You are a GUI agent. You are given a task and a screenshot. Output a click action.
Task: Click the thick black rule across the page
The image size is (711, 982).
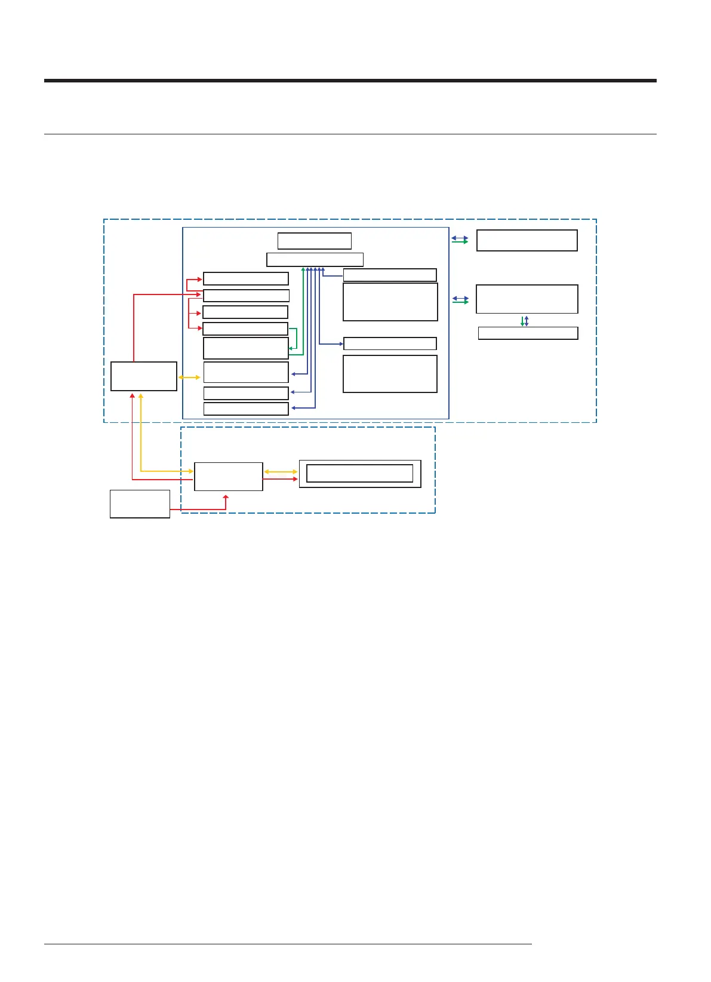click(350, 81)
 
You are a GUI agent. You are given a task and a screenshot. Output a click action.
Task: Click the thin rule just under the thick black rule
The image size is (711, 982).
click(350, 134)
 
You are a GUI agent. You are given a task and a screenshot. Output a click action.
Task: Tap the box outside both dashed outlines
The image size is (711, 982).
click(140, 504)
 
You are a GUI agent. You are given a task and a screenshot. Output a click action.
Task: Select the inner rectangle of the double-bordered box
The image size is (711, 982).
click(359, 473)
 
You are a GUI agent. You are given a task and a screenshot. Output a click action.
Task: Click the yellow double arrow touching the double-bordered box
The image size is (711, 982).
click(281, 472)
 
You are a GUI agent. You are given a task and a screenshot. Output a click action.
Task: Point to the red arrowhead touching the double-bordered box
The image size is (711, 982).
click(295, 479)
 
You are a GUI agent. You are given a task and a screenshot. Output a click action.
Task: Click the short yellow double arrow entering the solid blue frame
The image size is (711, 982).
click(190, 378)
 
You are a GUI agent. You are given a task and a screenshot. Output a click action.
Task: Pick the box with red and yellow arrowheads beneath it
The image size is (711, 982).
click(144, 376)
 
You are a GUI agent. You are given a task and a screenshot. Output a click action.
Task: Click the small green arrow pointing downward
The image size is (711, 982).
click(522, 321)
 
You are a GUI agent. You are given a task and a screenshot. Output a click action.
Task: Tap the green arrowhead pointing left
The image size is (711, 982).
click(291, 348)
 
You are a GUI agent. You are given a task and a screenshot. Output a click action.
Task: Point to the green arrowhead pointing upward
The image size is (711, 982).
click(303, 270)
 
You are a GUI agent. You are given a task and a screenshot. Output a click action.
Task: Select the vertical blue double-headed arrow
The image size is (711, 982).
click(527, 321)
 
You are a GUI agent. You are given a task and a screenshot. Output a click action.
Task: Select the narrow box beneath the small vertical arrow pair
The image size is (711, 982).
click(528, 333)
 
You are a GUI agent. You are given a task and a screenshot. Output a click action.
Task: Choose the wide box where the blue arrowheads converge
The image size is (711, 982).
click(315, 259)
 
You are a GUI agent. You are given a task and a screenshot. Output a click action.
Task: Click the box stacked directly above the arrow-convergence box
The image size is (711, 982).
click(314, 241)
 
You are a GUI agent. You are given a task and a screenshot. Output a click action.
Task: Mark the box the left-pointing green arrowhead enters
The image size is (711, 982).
click(246, 348)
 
